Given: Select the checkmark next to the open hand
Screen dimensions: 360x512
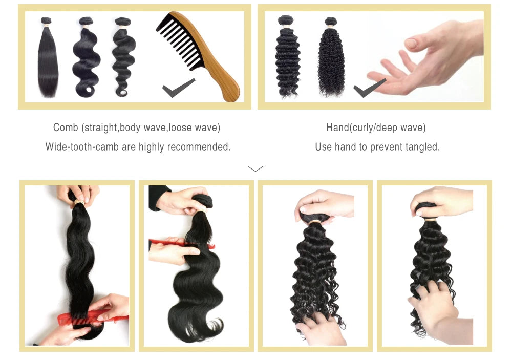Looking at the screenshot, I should point(369,88).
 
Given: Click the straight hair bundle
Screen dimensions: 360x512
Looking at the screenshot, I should point(48,59).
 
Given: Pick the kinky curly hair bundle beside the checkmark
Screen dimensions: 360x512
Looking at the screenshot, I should point(331,59).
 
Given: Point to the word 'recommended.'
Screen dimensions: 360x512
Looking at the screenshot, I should point(199,147).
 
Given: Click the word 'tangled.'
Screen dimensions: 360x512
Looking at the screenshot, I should point(422,147).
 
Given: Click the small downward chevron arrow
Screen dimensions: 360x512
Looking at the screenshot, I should point(255,168).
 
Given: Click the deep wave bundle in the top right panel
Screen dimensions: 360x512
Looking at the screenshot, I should point(287,59).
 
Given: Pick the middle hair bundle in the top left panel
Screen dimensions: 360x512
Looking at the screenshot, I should point(86,59).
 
